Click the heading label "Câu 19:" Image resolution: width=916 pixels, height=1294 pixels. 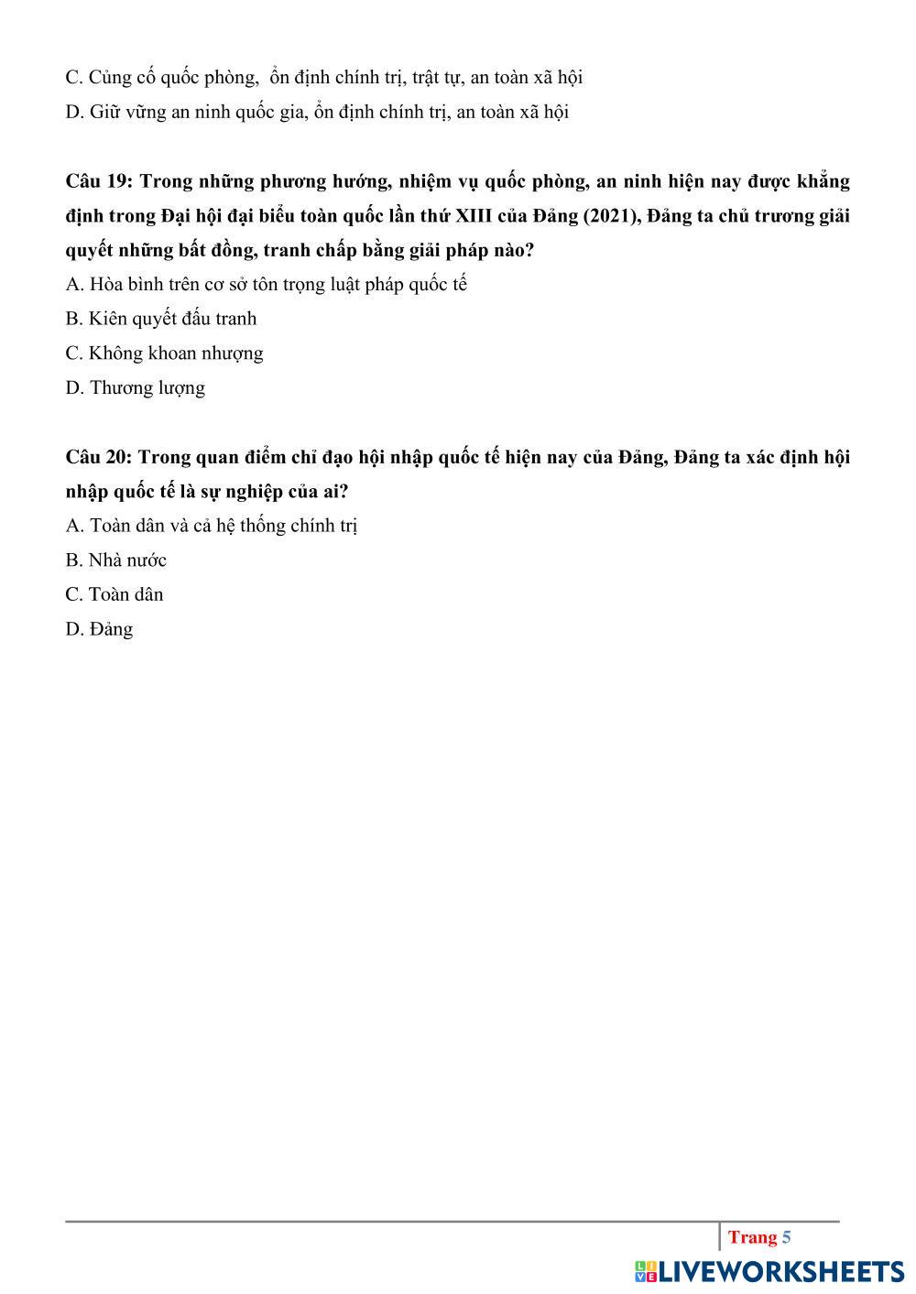click(x=99, y=181)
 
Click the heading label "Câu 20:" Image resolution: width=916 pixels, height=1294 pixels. click(x=99, y=457)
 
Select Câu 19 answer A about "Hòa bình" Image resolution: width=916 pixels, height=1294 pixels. click(x=266, y=285)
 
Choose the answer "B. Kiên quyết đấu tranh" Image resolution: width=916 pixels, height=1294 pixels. click(x=161, y=319)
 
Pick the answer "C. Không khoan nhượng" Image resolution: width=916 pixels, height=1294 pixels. click(x=165, y=353)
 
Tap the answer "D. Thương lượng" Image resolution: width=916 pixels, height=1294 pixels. click(x=136, y=388)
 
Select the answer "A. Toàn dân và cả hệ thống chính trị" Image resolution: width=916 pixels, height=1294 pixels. click(x=212, y=527)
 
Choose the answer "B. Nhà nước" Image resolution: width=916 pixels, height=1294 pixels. click(x=116, y=560)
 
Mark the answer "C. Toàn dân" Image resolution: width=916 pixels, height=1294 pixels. click(x=114, y=595)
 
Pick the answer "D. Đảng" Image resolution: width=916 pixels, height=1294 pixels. click(x=99, y=630)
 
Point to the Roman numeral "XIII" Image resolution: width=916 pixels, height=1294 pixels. click(x=473, y=216)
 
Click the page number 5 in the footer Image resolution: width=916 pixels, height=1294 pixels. click(x=786, y=1238)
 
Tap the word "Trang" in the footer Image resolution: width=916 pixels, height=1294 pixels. click(x=752, y=1238)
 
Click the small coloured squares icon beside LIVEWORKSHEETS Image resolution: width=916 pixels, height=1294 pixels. click(x=646, y=1271)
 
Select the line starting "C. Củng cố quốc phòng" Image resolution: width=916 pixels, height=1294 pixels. click(x=324, y=78)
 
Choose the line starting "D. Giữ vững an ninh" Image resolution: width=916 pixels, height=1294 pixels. click(x=317, y=113)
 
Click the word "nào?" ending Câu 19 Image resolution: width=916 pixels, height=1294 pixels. click(x=512, y=250)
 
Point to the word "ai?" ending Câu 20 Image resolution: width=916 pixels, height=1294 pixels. click(x=335, y=492)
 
